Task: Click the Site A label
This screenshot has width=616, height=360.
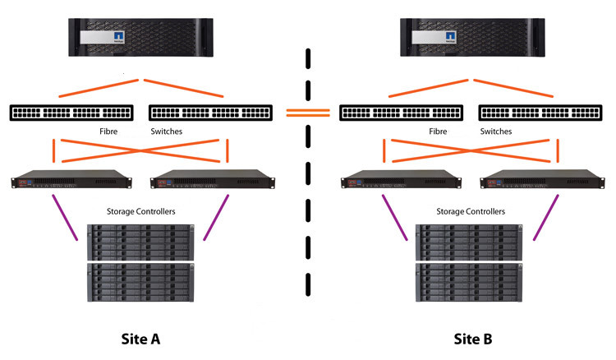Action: [140, 339]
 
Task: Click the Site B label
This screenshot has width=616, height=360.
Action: [473, 339]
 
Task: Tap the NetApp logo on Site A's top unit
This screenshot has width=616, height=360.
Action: [118, 37]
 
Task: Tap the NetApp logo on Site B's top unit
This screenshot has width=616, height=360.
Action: [450, 37]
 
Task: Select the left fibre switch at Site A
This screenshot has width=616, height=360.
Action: [71, 113]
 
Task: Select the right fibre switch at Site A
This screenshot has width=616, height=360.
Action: [210, 113]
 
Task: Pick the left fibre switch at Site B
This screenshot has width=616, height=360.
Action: [402, 113]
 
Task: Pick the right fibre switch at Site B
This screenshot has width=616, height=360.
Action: [540, 113]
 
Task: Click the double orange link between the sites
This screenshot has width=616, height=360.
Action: [308, 113]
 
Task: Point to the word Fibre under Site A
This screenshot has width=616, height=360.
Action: [108, 132]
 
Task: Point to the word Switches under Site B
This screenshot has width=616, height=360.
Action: [496, 132]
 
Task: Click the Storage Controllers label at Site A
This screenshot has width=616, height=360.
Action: [141, 211]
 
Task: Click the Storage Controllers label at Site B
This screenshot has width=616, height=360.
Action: [471, 211]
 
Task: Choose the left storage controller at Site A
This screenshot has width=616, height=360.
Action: [71, 179]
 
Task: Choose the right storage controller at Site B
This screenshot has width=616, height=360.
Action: [542, 179]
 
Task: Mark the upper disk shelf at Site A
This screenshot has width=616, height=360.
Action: [140, 242]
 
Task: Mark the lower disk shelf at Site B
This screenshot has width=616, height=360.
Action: [469, 282]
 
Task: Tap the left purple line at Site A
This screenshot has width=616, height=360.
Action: [65, 217]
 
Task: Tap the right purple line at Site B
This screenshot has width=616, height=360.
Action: [545, 217]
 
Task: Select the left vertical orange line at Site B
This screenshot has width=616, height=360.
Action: [384, 150]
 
